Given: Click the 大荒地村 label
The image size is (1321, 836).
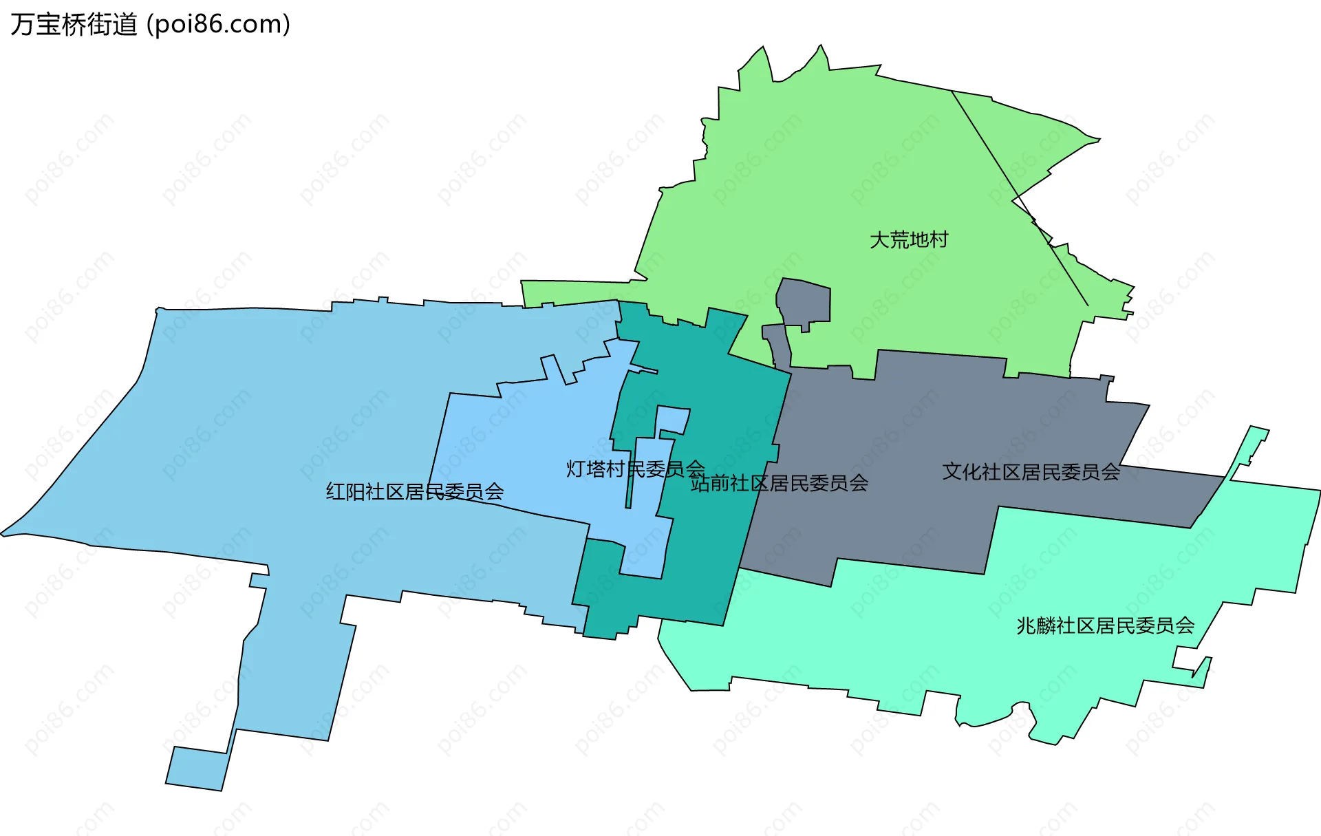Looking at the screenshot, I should pos(909,240).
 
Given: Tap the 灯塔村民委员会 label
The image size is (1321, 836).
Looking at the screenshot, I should pos(635,469).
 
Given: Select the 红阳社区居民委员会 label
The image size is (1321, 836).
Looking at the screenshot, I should pos(415,492).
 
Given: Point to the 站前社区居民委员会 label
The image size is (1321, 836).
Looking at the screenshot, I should pos(780,484).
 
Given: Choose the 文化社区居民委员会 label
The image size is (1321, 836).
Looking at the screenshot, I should pos(1031,472).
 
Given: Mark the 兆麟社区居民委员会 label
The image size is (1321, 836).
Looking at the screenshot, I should pos(1105,625).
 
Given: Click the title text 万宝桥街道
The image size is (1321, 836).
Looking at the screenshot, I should pos(74,25).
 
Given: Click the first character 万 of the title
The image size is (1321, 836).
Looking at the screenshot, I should pos(22,25).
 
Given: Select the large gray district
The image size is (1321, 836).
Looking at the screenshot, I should pos(929,427).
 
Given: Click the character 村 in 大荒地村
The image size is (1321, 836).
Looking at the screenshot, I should pos(938,240).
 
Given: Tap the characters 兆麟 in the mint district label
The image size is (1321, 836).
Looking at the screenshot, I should pos(1036,625).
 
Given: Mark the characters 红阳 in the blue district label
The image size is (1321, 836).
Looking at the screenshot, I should pos(345,492).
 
